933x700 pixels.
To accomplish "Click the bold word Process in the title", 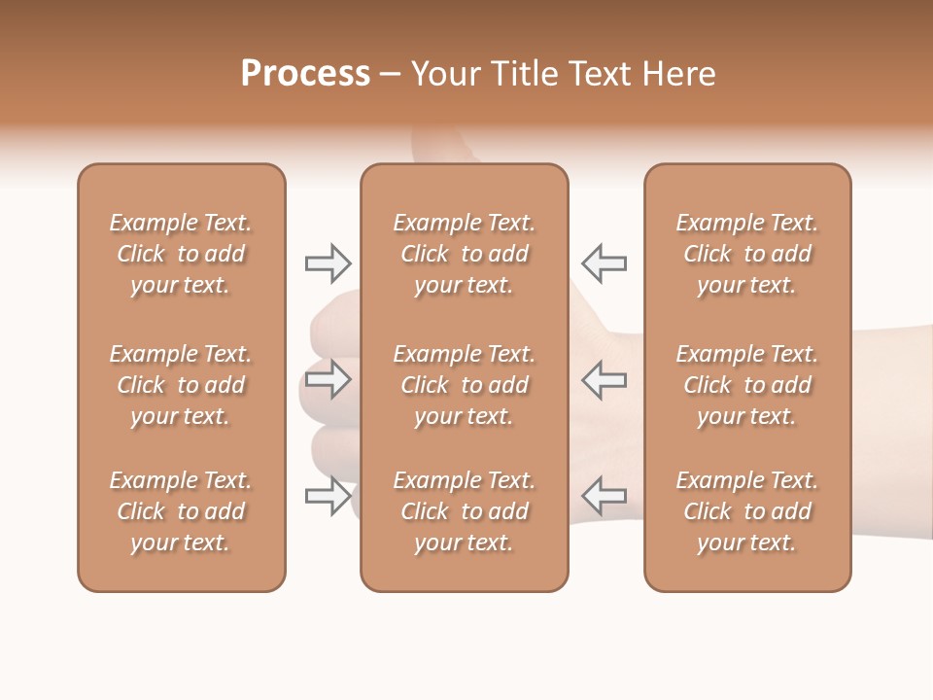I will coord(305,74).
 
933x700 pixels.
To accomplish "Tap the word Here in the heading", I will coord(679,74).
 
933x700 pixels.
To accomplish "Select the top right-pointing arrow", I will coord(328,262).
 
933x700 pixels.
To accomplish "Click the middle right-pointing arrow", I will coord(328,379).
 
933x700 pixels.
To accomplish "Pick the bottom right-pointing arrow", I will coord(328,496).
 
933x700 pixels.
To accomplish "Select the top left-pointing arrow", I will coord(605,262).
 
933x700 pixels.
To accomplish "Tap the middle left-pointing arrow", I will coord(605,379).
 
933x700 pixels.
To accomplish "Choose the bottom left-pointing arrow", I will coord(605,496).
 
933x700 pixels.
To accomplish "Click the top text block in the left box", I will coord(181,254).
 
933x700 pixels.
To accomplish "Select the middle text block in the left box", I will coord(181,385).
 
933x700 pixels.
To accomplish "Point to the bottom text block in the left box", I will coord(181,511).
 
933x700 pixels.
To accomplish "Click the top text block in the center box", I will coord(464,254).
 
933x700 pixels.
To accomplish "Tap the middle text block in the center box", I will coord(464,385).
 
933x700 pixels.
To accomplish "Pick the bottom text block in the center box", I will coord(464,511).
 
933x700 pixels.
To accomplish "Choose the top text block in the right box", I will coord(747,254).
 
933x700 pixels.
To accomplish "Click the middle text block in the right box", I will coord(747,385).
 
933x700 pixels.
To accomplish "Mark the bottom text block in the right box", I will coord(747,511).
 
